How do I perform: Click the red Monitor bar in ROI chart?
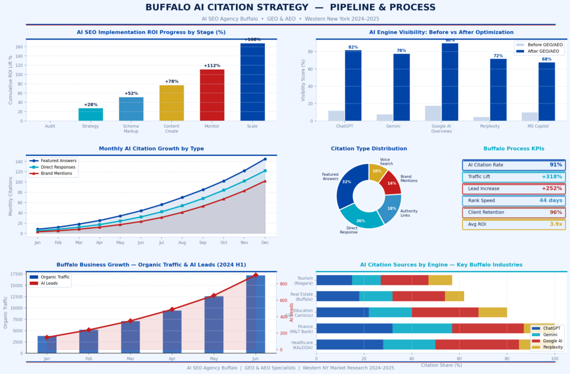(x=212, y=95)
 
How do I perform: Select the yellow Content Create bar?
(x=171, y=103)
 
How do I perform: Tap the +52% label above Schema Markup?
(x=131, y=93)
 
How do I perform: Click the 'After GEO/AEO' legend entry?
(x=544, y=51)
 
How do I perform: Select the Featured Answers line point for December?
(x=265, y=159)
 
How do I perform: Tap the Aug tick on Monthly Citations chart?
(x=182, y=243)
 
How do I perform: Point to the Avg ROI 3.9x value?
(x=555, y=224)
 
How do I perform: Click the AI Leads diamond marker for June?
(x=255, y=275)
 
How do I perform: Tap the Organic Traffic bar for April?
(x=172, y=332)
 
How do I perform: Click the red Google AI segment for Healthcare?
(x=477, y=345)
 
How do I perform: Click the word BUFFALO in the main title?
(x=168, y=8)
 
